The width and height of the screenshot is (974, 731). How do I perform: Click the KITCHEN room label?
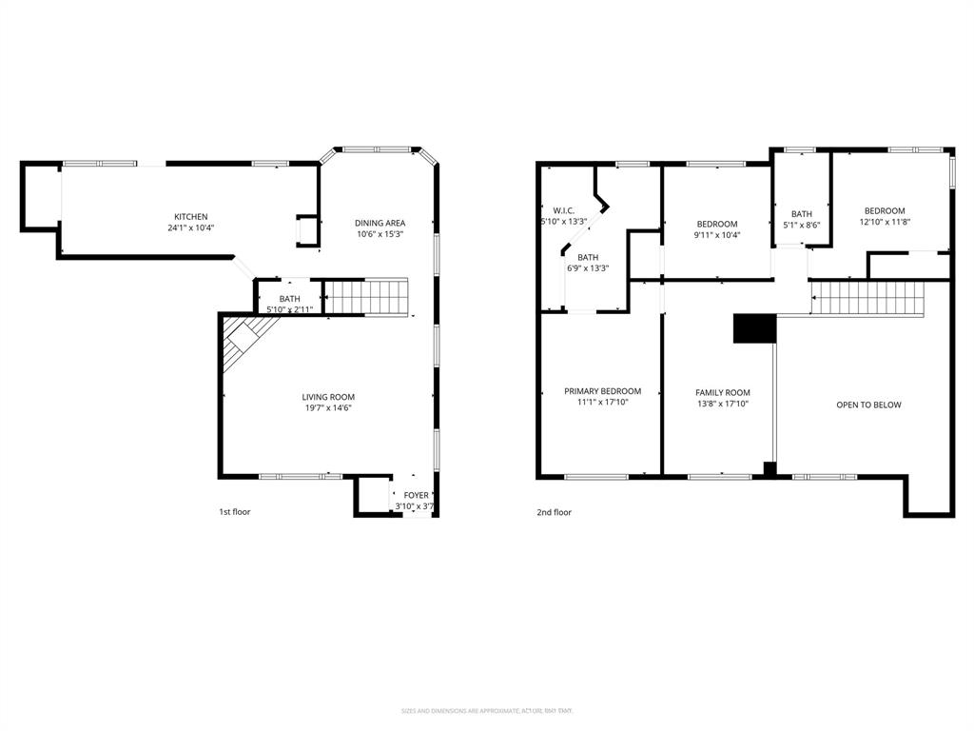pyautogui.click(x=190, y=217)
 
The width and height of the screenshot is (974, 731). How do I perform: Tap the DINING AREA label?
pyautogui.click(x=380, y=224)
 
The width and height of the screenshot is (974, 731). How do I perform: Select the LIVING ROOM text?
pyautogui.click(x=328, y=397)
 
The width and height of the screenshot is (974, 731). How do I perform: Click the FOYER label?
pyautogui.click(x=417, y=495)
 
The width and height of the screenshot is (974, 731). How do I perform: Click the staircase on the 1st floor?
pyautogui.click(x=367, y=297)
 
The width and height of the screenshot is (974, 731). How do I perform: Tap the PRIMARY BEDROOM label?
pyautogui.click(x=602, y=391)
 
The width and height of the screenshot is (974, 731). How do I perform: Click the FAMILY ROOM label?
pyautogui.click(x=723, y=392)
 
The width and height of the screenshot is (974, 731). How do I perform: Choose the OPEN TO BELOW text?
pyautogui.click(x=868, y=405)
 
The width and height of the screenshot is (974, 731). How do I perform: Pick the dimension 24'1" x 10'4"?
pyautogui.click(x=190, y=228)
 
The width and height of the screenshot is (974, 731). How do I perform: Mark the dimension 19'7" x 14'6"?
pyautogui.click(x=328, y=408)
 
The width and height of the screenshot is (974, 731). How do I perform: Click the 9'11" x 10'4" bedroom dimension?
pyautogui.click(x=717, y=235)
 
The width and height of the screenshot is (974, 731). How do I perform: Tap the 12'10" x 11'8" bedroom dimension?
pyautogui.click(x=884, y=223)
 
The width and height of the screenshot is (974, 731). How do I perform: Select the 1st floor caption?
pyautogui.click(x=235, y=512)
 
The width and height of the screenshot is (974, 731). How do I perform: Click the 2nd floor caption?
pyautogui.click(x=554, y=512)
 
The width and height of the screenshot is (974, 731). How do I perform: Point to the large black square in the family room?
pyautogui.click(x=754, y=328)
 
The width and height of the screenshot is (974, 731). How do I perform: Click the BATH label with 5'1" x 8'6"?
pyautogui.click(x=802, y=214)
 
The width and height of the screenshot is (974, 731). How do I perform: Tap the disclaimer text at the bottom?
pyautogui.click(x=487, y=710)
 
